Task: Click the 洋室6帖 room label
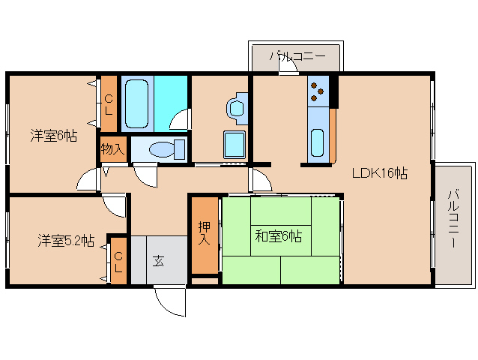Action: coord(53,136)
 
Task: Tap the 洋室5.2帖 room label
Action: coord(66,241)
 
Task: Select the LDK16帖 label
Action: coord(380,173)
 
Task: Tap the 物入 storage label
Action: coord(112,148)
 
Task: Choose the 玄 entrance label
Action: coord(159,260)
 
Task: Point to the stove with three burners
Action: coord(318,91)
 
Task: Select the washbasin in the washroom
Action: coord(238,106)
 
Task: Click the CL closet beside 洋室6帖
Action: coord(109,103)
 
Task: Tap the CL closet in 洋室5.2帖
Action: coord(118,260)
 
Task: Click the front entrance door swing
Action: coord(169,301)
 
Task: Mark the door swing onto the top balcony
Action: coord(288,66)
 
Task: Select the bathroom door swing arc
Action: coord(179,119)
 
